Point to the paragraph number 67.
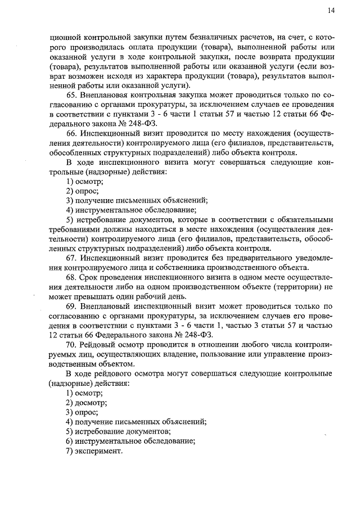pyautogui.click(x=71, y=258)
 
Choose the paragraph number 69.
pyautogui.click(x=71, y=306)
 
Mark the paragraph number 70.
pyautogui.click(x=71, y=344)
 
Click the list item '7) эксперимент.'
pyautogui.click(x=94, y=451)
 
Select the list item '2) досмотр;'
pyautogui.click(x=86, y=403)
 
